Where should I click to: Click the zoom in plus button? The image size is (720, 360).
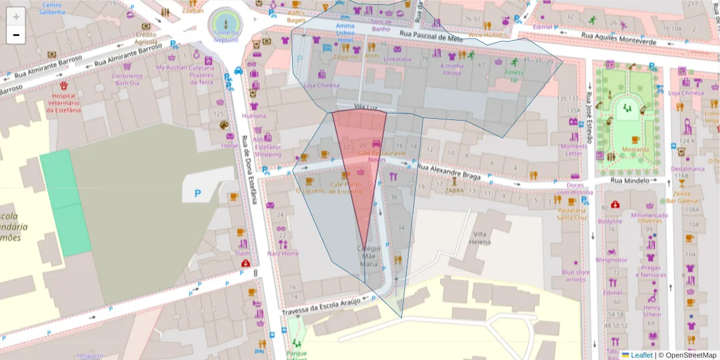click(16, 16)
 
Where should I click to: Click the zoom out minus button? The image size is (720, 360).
click(16, 35)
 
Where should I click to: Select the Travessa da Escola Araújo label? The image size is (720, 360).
click(321, 306)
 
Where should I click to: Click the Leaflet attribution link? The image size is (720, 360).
click(641, 355)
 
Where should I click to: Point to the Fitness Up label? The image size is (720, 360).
click(514, 76)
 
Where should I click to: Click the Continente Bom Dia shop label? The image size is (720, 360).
click(127, 79)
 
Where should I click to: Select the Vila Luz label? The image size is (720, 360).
click(365, 107)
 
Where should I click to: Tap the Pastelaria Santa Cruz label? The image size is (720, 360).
click(571, 214)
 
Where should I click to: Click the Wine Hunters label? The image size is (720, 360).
click(487, 35)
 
